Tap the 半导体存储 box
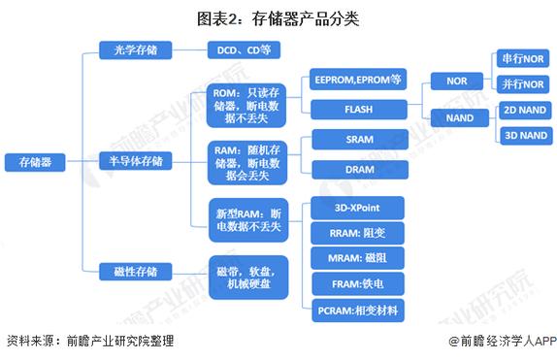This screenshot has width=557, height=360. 136,159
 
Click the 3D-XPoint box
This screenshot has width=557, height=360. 356,207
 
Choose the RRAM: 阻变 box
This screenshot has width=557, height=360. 356,233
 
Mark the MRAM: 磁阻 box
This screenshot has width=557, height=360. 356,259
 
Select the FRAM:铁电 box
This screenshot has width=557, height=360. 356,285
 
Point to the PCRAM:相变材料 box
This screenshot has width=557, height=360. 356,311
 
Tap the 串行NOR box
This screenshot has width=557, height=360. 518,60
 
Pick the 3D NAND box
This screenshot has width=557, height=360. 525,136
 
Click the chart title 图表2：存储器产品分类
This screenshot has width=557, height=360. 278,16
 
